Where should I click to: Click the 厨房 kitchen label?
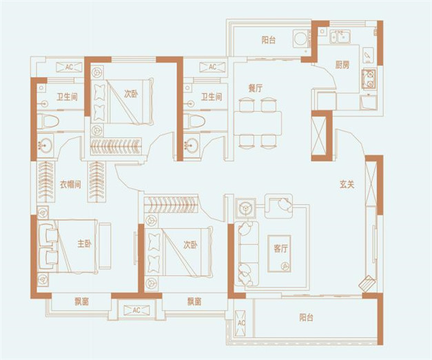tap(342, 66)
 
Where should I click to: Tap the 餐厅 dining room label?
tap(256, 88)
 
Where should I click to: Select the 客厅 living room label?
tap(280, 248)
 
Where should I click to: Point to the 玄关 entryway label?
tap(347, 184)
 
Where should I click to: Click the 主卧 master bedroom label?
tap(84, 243)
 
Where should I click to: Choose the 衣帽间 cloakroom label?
tap(70, 184)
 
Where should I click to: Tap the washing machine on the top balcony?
tap(300, 39)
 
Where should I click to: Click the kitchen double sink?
tap(340, 37)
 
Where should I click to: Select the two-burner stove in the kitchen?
tap(369, 79)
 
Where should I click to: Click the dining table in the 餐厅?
tap(258, 123)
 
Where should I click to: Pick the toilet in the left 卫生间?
tap(48, 121)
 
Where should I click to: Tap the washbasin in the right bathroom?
tap(192, 144)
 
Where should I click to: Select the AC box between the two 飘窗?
tap(136, 310)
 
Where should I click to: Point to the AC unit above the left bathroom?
tap(69, 67)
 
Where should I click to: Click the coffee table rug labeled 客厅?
tap(279, 254)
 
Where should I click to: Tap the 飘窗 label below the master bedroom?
tap(81, 302)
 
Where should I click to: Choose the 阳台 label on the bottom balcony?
tap(306, 318)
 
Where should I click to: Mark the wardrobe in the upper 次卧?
tap(116, 146)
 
